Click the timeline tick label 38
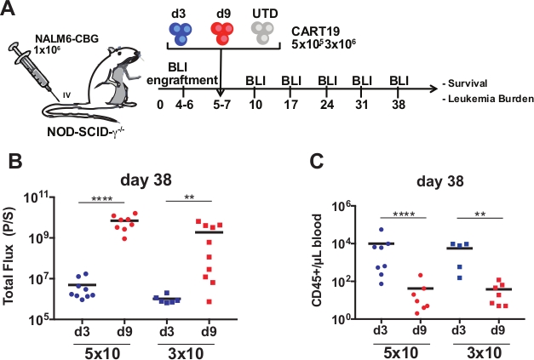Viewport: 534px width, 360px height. (398, 100)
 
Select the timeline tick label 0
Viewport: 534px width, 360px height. (161, 100)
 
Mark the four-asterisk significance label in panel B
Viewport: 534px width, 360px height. (103, 197)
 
